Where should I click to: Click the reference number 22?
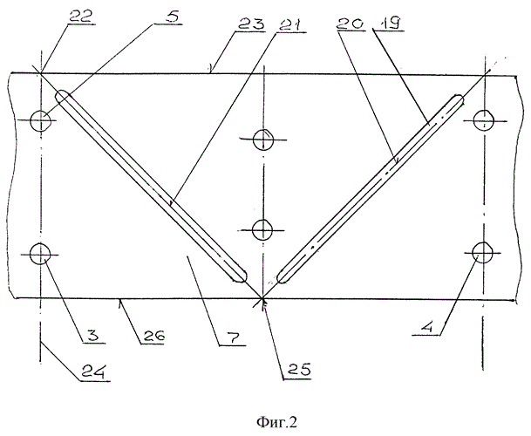coord(81,16)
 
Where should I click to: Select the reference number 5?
coord(172,17)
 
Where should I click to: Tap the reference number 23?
coord(250,24)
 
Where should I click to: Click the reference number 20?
coord(350,24)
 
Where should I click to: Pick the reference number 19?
coord(389,24)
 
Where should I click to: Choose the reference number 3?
coord(90,336)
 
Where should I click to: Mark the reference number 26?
coord(153,336)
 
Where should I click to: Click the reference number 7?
coord(234,337)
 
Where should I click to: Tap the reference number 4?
coord(427,327)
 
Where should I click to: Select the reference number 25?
coord(299,370)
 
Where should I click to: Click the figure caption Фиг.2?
coord(276,422)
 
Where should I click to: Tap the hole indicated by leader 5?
coord(41,120)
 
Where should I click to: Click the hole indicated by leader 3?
coord(40,254)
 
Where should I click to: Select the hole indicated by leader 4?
coord(482,252)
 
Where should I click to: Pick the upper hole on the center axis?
coord(263,140)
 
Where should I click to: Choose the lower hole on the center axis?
coord(262,230)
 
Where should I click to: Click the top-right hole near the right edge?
coord(483,120)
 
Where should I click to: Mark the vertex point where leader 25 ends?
coord(262,299)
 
